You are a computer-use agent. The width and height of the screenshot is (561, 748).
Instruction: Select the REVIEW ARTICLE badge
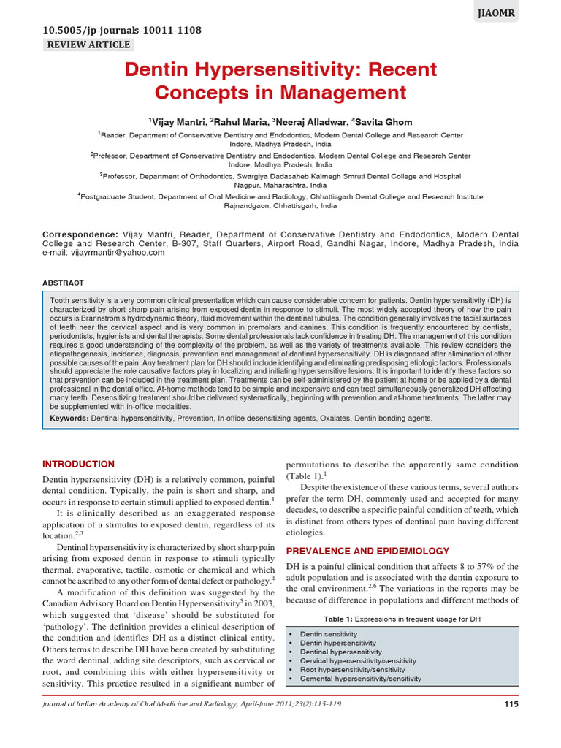point(88,45)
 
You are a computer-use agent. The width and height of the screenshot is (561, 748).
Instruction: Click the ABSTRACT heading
point(63,283)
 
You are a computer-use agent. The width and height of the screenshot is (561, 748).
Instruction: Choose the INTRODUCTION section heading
point(78,464)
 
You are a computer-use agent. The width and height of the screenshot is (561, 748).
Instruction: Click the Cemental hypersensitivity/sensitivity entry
point(360,678)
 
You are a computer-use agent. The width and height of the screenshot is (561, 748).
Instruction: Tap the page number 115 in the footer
point(511,704)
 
